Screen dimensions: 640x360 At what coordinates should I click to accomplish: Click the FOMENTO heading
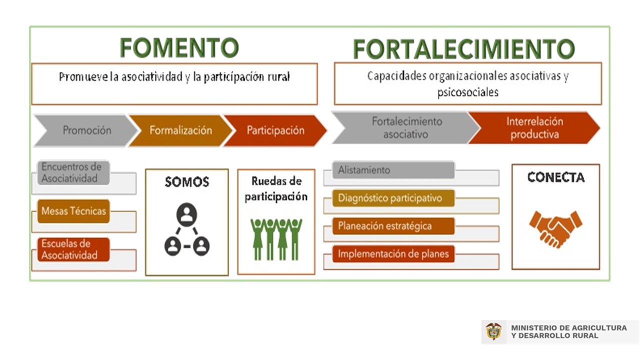pyautogui.click(x=179, y=47)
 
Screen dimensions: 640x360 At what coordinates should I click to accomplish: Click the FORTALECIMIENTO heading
pyautogui.click(x=463, y=49)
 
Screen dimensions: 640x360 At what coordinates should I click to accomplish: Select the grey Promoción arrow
pyautogui.click(x=85, y=130)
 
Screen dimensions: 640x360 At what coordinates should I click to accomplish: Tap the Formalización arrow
pyautogui.click(x=181, y=130)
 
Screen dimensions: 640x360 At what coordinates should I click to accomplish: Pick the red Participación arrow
pyautogui.click(x=275, y=130)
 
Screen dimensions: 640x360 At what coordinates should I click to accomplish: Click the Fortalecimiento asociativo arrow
pyautogui.click(x=405, y=127)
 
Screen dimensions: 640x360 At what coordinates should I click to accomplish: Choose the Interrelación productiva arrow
pyautogui.click(x=534, y=127)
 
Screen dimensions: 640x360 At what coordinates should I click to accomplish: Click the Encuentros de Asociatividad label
pyautogui.click(x=73, y=172)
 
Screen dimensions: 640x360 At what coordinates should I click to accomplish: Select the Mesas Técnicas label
pyautogui.click(x=73, y=211)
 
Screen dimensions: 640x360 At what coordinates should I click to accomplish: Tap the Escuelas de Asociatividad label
pyautogui.click(x=73, y=249)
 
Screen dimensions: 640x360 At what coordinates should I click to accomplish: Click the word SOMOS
pyautogui.click(x=187, y=182)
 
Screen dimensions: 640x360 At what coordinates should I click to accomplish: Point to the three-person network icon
pyautogui.click(x=187, y=229)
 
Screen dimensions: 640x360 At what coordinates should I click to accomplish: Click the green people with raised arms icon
pyautogui.click(x=276, y=239)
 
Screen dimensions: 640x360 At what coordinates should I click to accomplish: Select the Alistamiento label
pyautogui.click(x=393, y=170)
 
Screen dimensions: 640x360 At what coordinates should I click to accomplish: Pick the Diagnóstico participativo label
pyautogui.click(x=393, y=198)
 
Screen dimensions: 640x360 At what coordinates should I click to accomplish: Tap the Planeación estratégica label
pyautogui.click(x=393, y=226)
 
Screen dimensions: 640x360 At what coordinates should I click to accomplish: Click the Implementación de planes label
pyautogui.click(x=393, y=253)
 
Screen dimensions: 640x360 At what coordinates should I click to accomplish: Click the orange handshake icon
pyautogui.click(x=555, y=229)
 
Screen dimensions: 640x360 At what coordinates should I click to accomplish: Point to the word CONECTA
pyautogui.click(x=556, y=177)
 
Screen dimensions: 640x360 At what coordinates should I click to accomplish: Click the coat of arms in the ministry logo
pyautogui.click(x=493, y=331)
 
